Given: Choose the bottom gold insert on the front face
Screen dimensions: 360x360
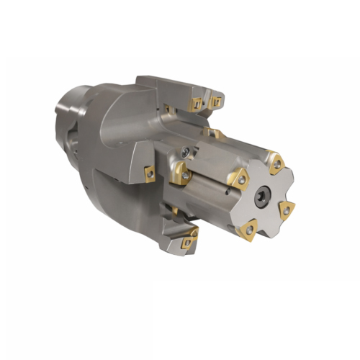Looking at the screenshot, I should (249, 229).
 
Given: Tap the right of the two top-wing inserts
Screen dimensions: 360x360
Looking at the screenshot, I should (215, 103).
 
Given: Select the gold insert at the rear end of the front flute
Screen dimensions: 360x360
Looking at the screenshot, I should (180, 174).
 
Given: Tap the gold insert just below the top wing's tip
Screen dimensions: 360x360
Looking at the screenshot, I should (213, 133).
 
